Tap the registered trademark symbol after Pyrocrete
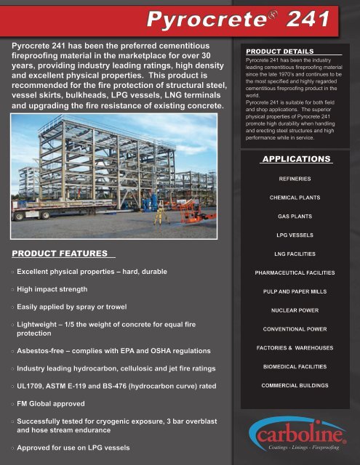[268, 11]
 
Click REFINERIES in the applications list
[295, 178]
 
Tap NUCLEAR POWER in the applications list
[295, 310]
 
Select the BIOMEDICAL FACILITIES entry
[295, 367]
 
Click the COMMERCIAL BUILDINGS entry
[295, 386]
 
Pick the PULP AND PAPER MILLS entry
[295, 291]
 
